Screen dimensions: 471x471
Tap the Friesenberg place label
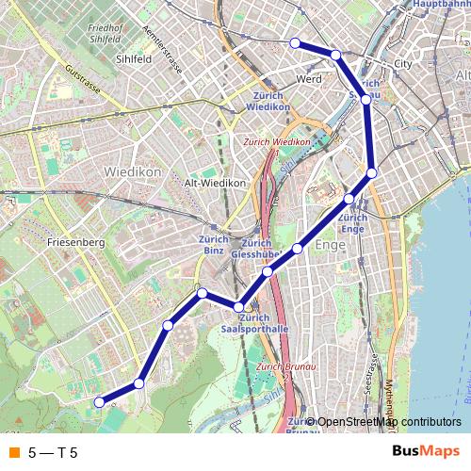[x=74, y=242]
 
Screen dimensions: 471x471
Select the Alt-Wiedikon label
[x=215, y=183]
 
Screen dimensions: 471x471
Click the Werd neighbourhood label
[x=309, y=79]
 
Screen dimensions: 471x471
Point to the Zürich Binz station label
[x=214, y=245]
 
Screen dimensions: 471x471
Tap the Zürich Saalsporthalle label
[x=253, y=323]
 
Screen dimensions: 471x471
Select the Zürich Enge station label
[x=352, y=223]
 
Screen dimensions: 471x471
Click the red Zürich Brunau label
[x=283, y=366]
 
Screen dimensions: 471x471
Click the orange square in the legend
[x=12, y=453]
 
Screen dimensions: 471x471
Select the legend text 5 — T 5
[x=53, y=453]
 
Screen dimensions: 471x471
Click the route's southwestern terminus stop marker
[x=99, y=402]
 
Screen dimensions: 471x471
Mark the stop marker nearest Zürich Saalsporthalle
[x=239, y=306]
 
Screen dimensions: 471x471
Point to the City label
[x=403, y=64]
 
